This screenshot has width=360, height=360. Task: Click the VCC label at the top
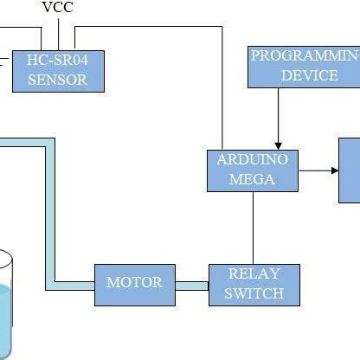pos(58,8)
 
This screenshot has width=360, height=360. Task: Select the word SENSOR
pos(58,80)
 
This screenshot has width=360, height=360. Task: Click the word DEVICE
pos(309,75)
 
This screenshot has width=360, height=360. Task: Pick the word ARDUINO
pos(253,160)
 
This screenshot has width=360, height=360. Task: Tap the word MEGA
pos(253,179)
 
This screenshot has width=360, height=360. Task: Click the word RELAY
pos(254,274)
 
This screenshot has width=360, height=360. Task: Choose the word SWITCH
pos(254,293)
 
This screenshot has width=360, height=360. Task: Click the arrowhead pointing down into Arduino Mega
pos(278,144)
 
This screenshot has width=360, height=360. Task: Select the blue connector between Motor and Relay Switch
pos(192,284)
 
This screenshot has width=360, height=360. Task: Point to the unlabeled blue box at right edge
pos(350,170)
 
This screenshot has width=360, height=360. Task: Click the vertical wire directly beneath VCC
pos(58,33)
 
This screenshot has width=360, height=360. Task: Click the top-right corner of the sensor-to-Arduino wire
pos(223,27)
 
